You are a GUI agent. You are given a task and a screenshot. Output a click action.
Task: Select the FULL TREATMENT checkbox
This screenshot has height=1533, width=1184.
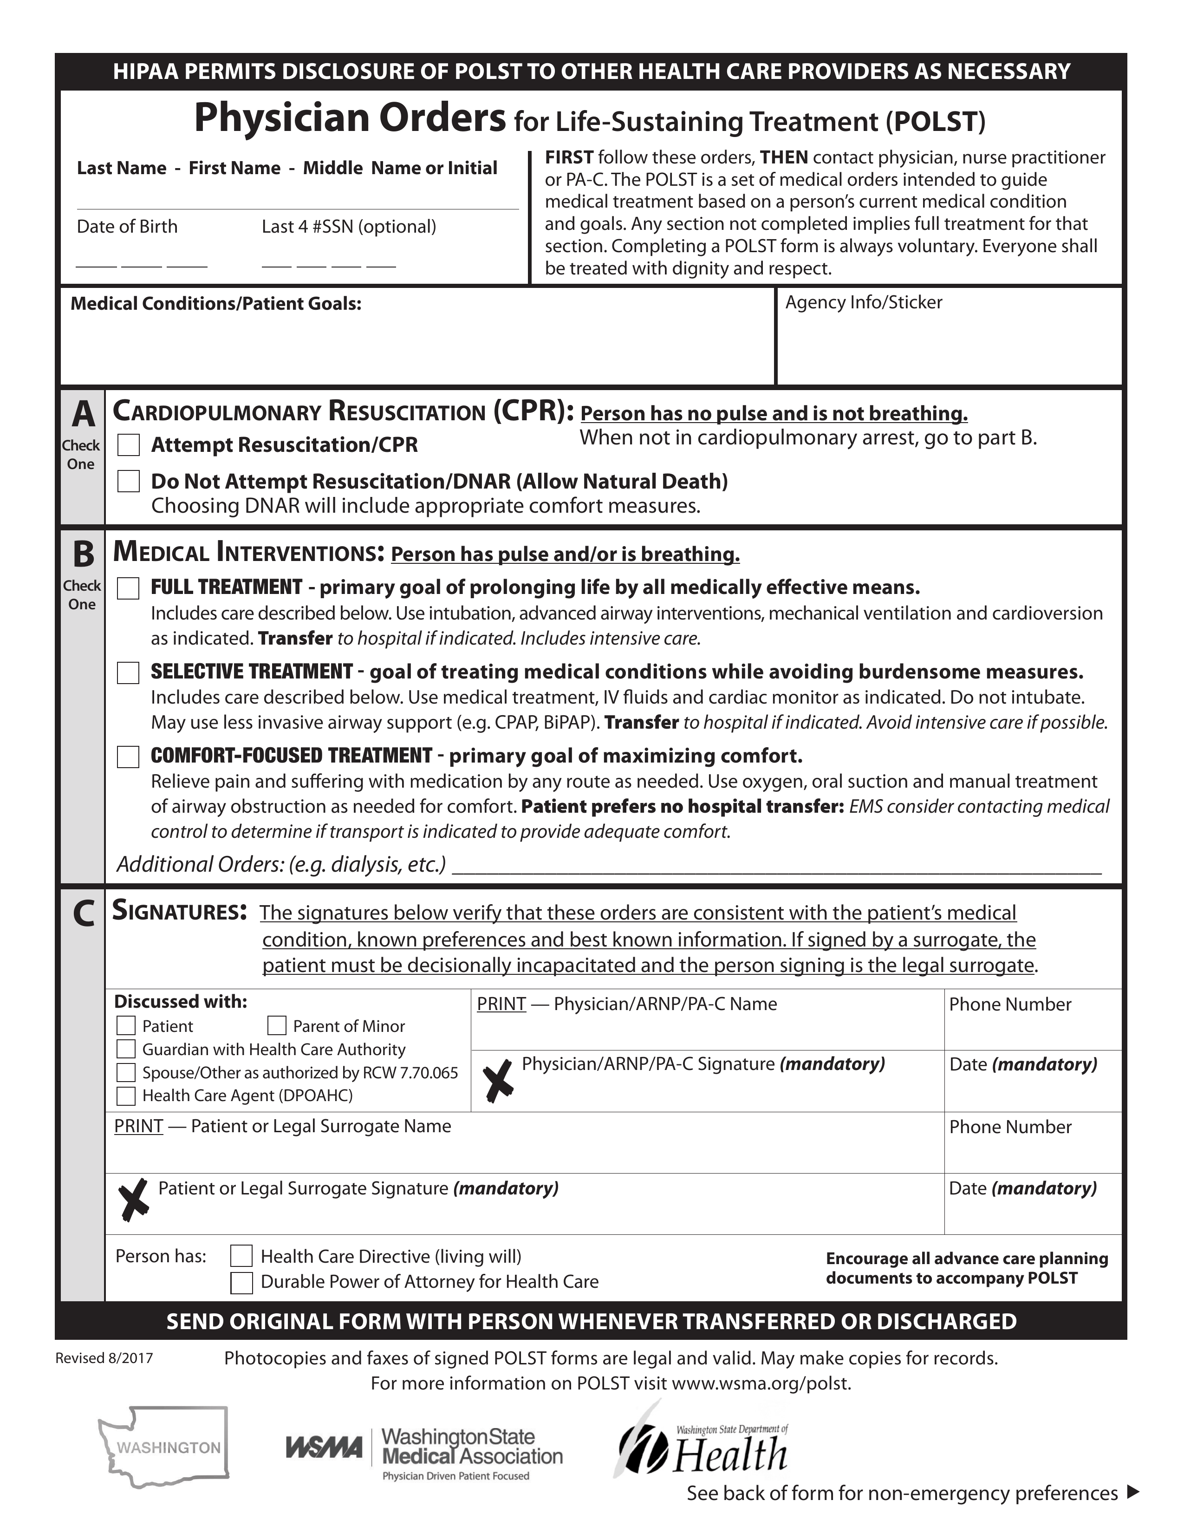[128, 588]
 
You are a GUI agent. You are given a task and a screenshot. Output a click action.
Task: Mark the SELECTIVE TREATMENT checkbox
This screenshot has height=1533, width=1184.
[128, 673]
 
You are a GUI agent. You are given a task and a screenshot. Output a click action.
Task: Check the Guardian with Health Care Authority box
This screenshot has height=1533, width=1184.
[126, 1050]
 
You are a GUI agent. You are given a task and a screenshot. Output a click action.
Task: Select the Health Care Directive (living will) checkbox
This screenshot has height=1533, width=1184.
[241, 1256]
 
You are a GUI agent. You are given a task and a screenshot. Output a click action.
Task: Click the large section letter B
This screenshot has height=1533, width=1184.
[83, 554]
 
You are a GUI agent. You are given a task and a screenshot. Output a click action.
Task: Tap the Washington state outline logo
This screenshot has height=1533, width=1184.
[164, 1447]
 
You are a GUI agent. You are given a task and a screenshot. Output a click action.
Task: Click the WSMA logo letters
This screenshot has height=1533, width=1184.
[324, 1448]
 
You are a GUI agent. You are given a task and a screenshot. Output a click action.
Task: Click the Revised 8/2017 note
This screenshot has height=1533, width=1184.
[104, 1358]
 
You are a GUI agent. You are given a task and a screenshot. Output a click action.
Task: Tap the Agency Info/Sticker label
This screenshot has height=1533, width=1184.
[863, 302]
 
